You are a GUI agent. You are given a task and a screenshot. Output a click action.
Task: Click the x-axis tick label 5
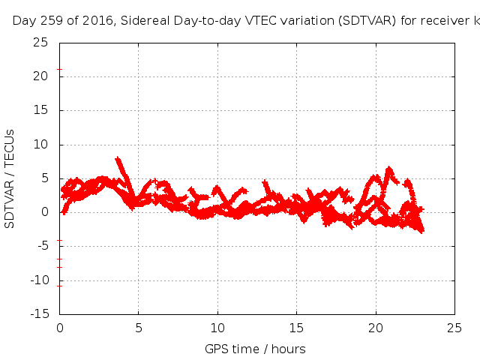[x=139, y=328]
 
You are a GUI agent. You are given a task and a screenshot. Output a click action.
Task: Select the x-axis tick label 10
[x=217, y=328]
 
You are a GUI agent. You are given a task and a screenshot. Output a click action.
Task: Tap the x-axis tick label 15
[x=296, y=328]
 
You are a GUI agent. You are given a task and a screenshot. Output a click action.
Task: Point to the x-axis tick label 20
[x=376, y=328]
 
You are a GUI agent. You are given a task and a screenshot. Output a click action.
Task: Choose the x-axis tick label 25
[x=454, y=328]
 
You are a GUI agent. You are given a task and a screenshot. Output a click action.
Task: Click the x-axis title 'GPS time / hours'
[x=255, y=349]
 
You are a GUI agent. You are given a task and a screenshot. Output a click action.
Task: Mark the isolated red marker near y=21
[x=59, y=70]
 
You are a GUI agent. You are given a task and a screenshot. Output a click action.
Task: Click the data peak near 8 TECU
[x=117, y=159]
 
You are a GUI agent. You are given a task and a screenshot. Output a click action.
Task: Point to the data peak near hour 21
[x=388, y=169]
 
